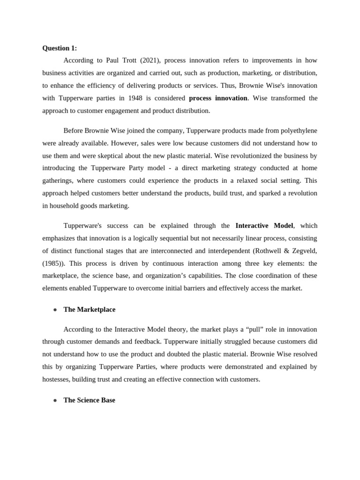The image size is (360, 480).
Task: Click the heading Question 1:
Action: (60, 48)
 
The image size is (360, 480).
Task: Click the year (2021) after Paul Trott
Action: (150, 60)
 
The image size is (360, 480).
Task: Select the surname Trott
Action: (129, 60)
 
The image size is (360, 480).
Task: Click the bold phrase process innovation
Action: (217, 98)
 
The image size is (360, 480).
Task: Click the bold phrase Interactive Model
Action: (264, 225)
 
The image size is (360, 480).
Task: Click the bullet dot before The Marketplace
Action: (55, 310)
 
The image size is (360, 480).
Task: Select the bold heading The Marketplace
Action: (89, 309)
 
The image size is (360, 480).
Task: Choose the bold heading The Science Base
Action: (89, 400)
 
